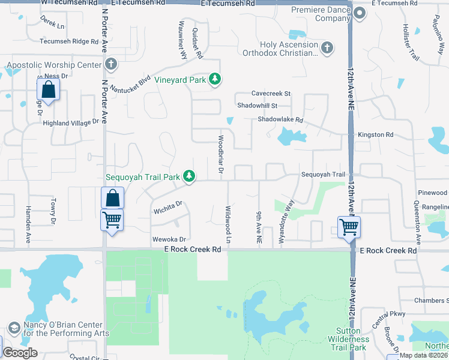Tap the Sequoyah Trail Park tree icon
[x=189, y=176]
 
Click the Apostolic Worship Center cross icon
[x=110, y=64]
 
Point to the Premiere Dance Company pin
[x=360, y=13]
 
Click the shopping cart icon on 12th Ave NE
[x=349, y=227]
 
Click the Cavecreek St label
[x=271, y=94]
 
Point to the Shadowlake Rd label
[x=280, y=120]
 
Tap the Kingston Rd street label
[x=375, y=135]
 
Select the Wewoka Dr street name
[x=166, y=239]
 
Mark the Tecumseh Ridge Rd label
[x=68, y=41]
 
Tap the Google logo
[x=19, y=353]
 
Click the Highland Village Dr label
[x=70, y=122]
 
